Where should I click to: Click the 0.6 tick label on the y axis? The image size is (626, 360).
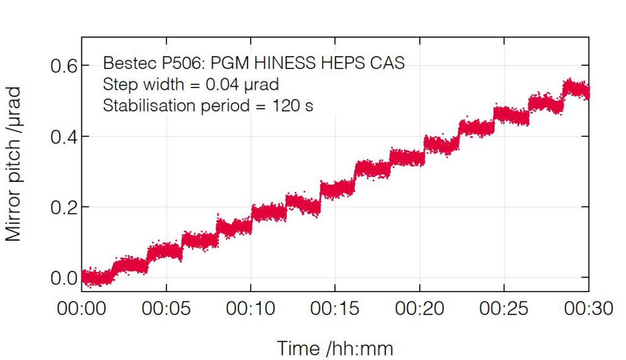62,65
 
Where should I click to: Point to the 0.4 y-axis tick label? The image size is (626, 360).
62,136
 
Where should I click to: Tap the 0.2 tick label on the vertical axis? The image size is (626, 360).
62,207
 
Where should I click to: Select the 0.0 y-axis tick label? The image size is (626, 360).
62,278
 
